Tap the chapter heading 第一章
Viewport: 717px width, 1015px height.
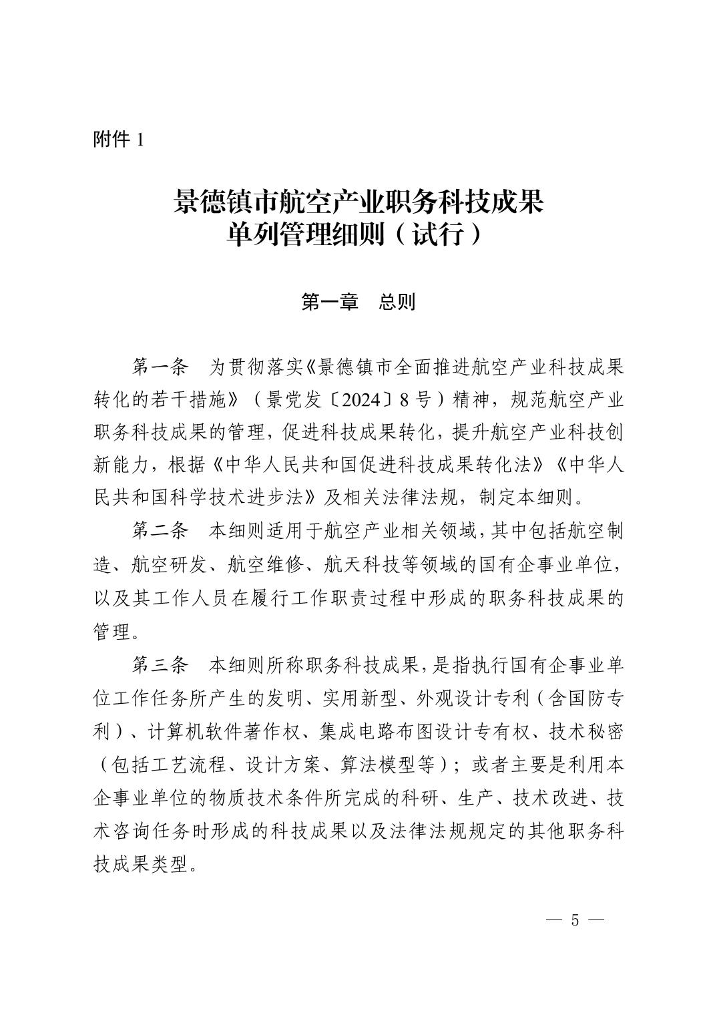(x=330, y=302)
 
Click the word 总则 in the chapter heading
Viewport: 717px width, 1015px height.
(x=397, y=302)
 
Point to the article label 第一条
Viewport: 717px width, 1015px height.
(x=160, y=367)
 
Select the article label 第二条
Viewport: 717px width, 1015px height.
(x=160, y=532)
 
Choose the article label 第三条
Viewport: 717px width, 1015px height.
(x=160, y=665)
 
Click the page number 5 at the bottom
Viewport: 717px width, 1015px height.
(x=575, y=920)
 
